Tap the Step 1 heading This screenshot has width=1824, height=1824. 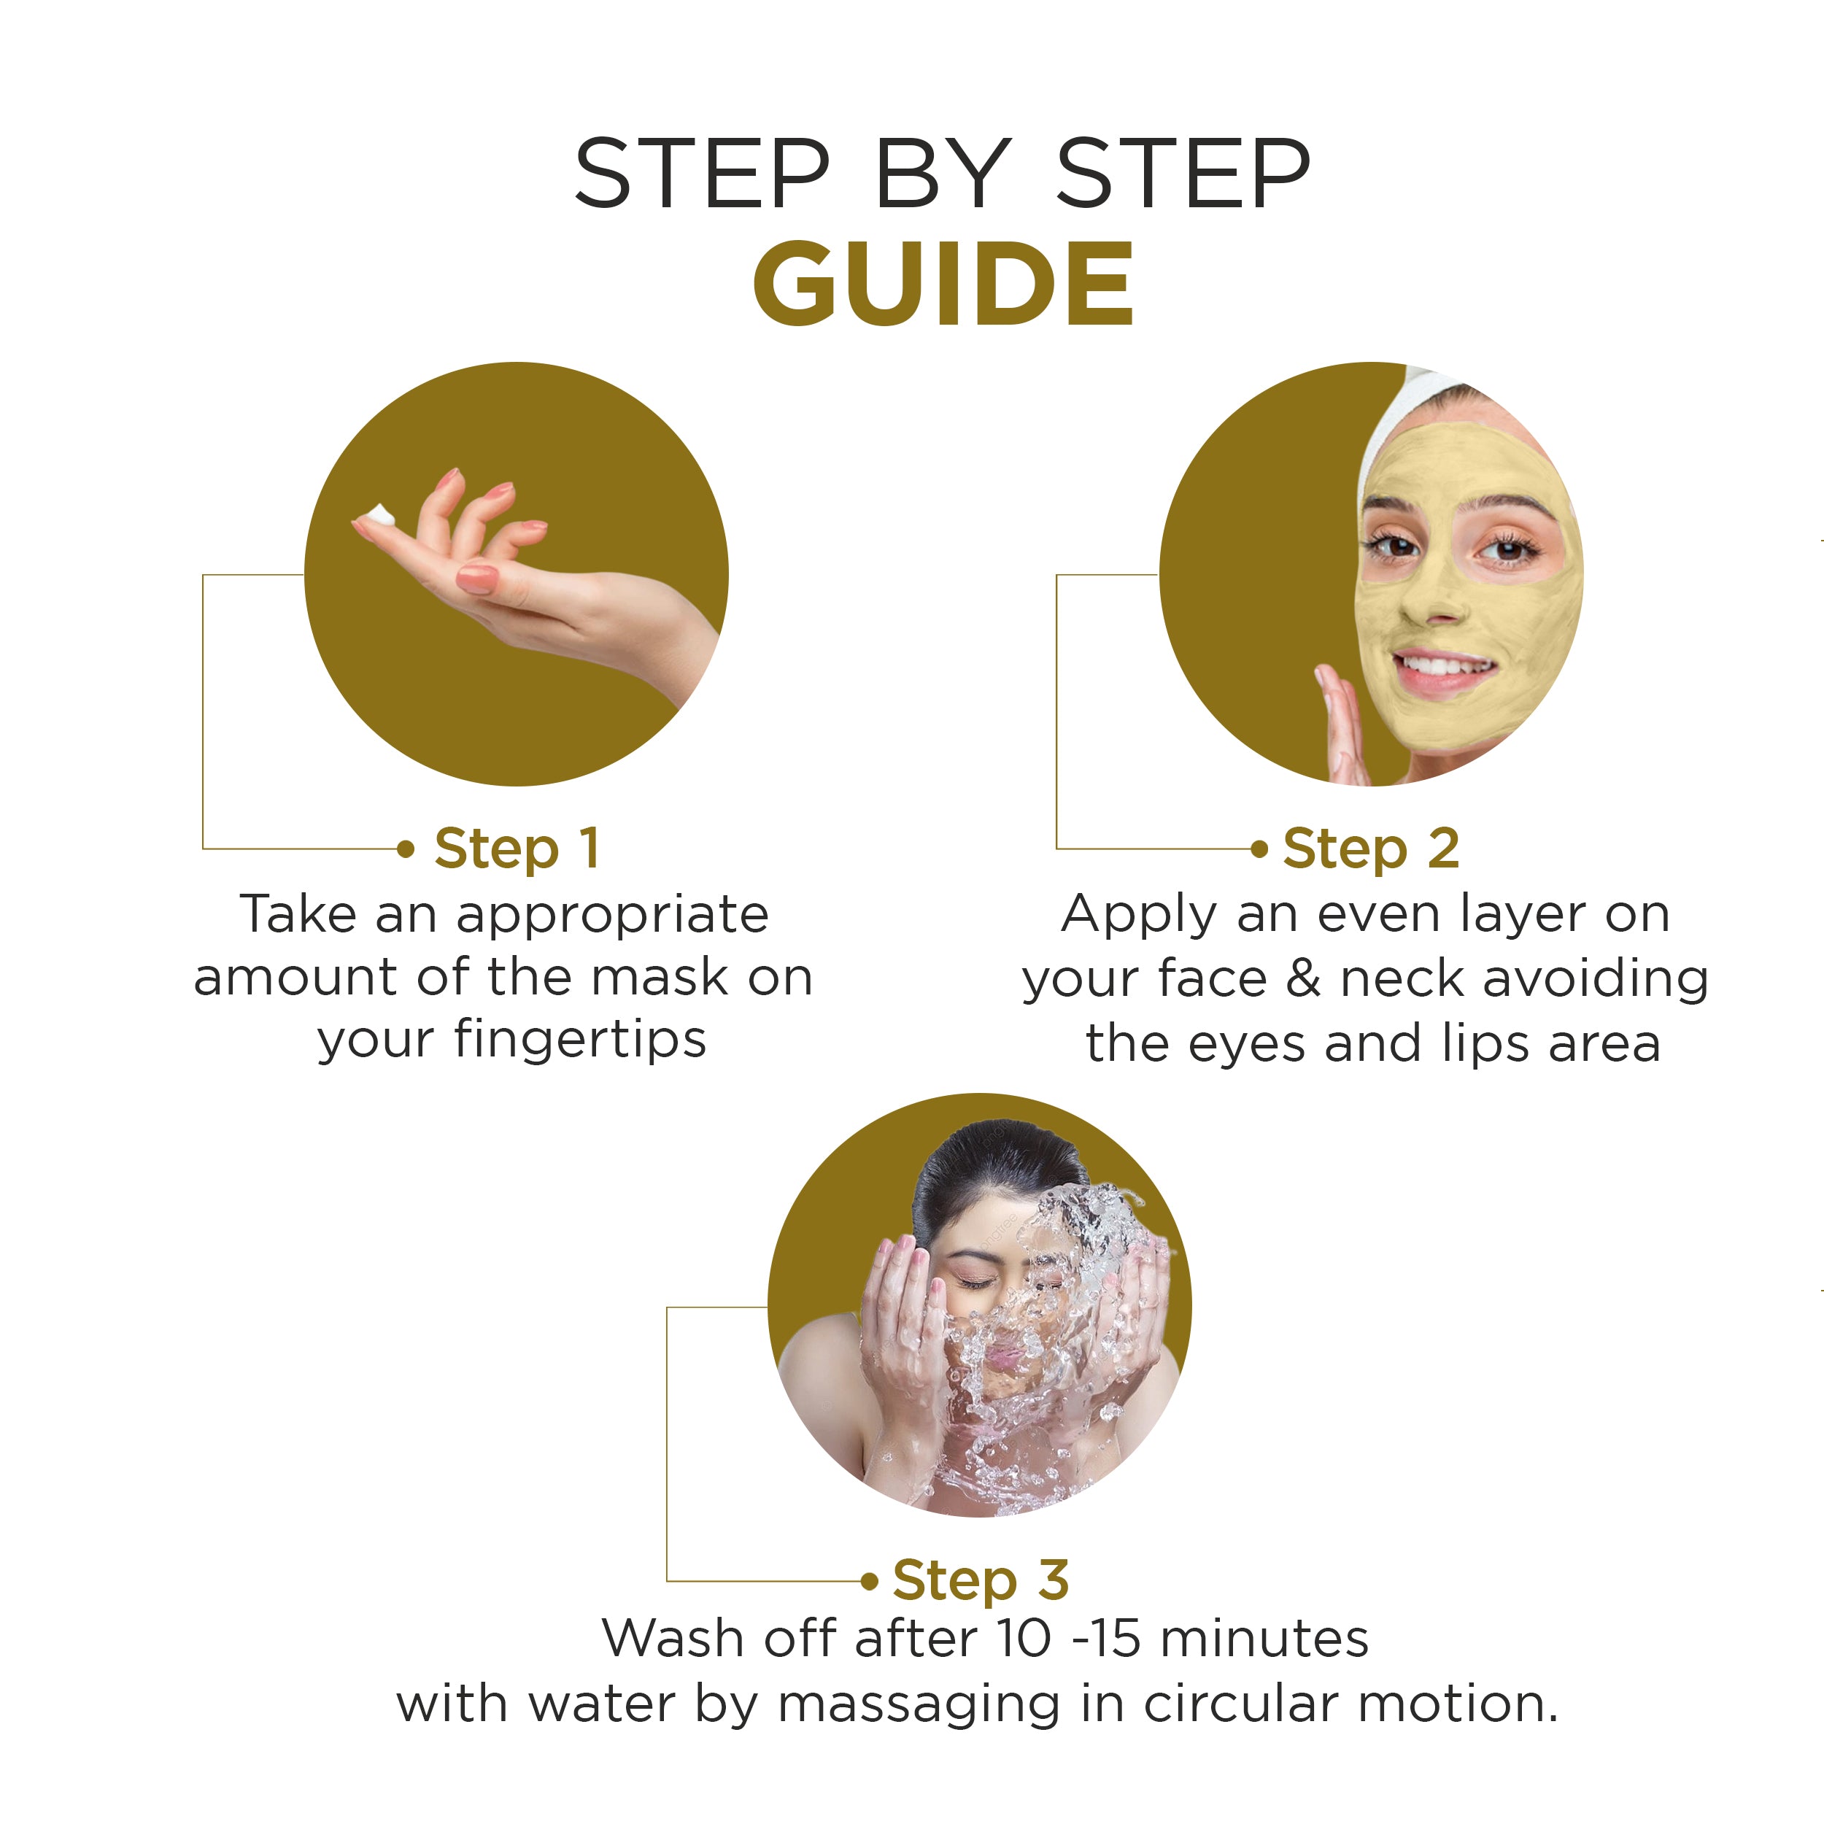(x=517, y=848)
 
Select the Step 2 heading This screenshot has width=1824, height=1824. (x=1370, y=848)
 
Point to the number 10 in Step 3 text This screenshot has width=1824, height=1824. (x=1022, y=1638)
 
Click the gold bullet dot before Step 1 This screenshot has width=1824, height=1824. (x=406, y=849)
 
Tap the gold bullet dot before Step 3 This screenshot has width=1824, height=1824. (x=870, y=1581)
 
